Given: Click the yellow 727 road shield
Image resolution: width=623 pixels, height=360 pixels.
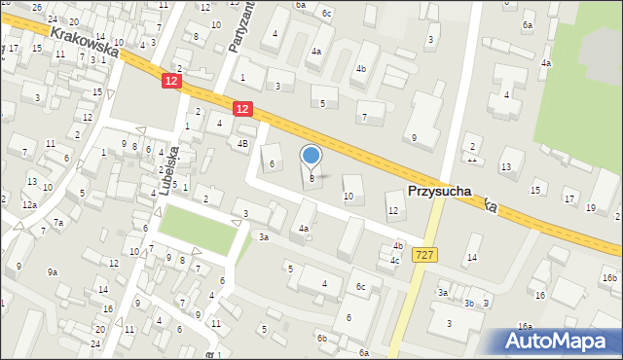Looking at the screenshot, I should pos(424,254).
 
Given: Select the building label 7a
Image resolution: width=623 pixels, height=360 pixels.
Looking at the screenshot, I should pos(58,223).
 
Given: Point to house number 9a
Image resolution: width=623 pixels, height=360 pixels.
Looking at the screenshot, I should pos(52,271).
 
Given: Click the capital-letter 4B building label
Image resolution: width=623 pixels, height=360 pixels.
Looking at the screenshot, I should pos(242,143).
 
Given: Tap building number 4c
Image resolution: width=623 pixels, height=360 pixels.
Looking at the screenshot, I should pos(394,260).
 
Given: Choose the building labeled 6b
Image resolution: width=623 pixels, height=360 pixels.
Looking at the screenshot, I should pos(321,338).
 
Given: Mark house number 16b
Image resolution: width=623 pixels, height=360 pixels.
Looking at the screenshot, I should pos(608,277).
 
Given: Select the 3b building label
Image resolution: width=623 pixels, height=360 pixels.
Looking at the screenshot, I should pos(468,304).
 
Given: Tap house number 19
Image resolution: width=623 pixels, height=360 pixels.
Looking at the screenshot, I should pos(591,207).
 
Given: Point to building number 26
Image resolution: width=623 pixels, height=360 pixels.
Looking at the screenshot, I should pos(36,7).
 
